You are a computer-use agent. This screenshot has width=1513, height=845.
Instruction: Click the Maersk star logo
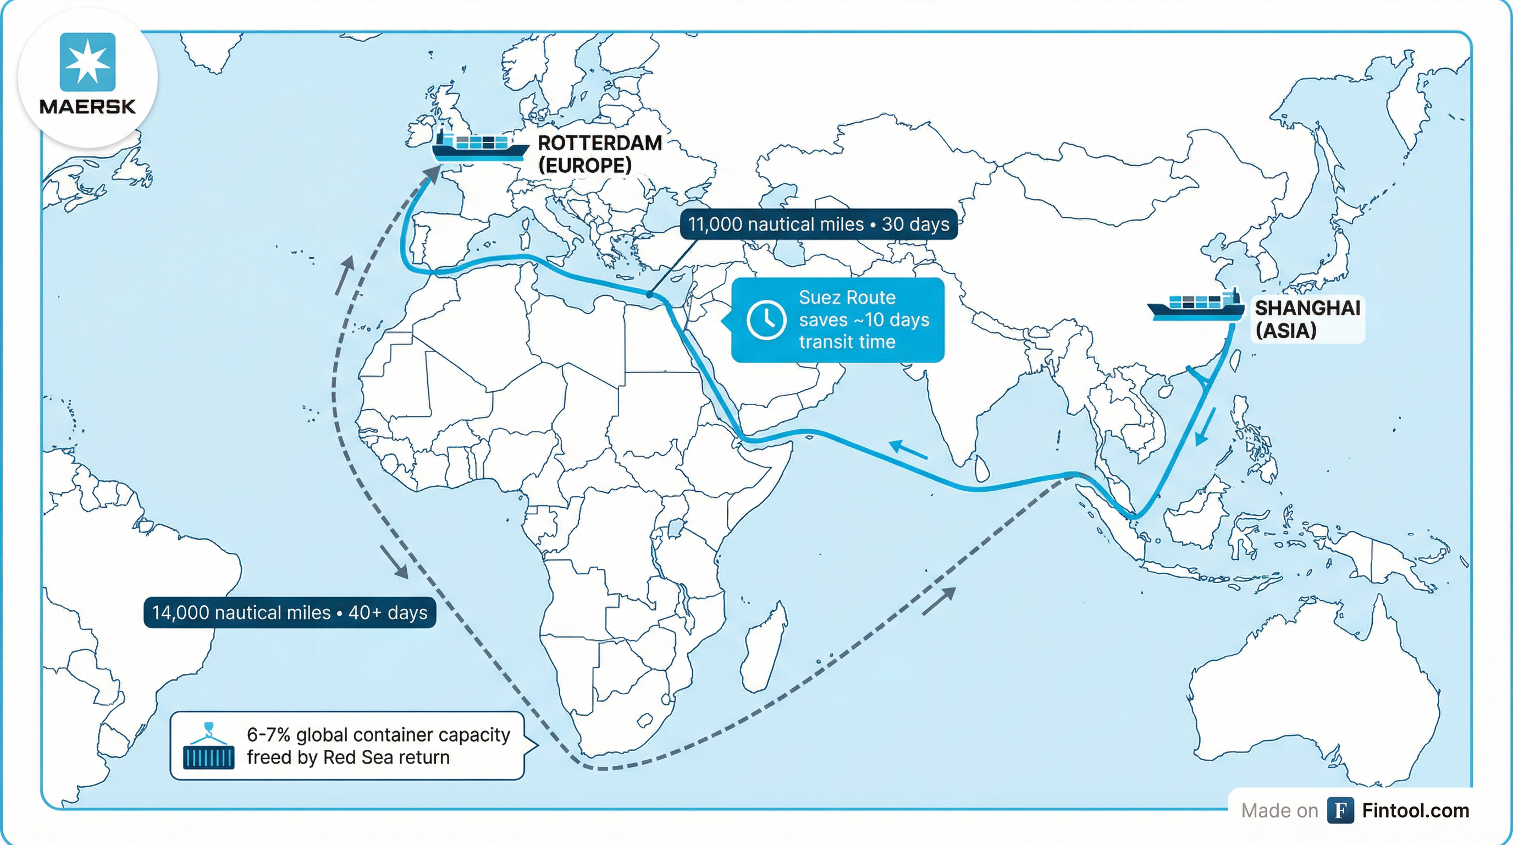coord(87,62)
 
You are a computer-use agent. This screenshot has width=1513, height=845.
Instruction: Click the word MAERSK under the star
coord(87,107)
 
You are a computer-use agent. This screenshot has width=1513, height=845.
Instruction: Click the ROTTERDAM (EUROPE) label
coord(599,154)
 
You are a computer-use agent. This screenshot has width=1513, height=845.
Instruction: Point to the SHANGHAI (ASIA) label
coord(1307,319)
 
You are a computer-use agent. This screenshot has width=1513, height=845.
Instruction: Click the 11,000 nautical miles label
coord(818,224)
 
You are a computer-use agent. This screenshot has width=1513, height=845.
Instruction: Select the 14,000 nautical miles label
coord(290,613)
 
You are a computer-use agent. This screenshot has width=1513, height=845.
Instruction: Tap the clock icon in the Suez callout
coord(766,320)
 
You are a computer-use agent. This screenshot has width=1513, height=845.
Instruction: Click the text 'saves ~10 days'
coord(863,320)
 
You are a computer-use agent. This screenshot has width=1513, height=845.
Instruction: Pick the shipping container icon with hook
coord(208,747)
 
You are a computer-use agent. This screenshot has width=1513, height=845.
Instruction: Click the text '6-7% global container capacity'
coord(378,734)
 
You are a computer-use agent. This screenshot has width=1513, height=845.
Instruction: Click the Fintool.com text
coord(1415,811)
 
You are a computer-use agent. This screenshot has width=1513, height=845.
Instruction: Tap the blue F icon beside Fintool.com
coord(1340,811)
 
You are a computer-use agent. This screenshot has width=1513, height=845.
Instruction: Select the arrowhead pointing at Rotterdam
coord(433,174)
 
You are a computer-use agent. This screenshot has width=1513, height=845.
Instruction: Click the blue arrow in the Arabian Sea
coord(908,449)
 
